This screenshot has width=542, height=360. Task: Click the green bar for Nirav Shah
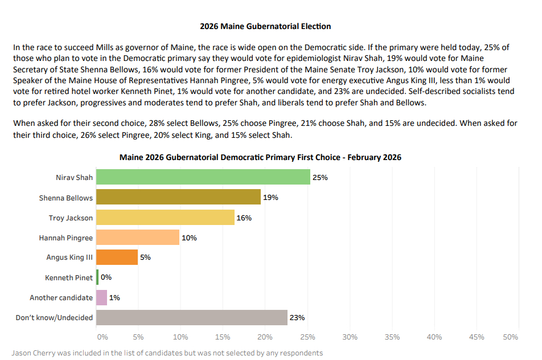[x=203, y=177]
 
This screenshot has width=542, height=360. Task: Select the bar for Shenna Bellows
[x=178, y=197]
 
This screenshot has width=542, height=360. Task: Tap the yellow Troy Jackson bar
[x=165, y=217]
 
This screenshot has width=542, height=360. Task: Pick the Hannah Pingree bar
[x=137, y=237]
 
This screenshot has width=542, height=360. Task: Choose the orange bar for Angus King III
[x=117, y=257]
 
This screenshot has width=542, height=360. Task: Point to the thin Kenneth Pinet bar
[x=97, y=277]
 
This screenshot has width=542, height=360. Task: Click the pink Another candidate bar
[x=101, y=297]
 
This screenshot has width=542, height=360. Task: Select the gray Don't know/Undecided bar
[x=191, y=317]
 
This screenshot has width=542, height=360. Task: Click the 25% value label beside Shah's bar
[x=320, y=178]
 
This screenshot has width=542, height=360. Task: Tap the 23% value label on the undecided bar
[x=297, y=318]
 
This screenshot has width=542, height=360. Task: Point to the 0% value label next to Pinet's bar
[x=106, y=277]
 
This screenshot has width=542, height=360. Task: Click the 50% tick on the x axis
[x=511, y=337]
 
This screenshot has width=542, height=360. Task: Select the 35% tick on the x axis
[x=392, y=337]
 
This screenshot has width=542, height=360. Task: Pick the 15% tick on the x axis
[x=223, y=337]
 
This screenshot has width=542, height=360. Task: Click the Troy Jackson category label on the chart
[x=71, y=218]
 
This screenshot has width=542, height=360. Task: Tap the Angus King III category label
[x=69, y=257]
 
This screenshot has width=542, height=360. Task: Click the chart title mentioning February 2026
[x=260, y=157]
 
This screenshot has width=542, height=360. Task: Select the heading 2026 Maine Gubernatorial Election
[x=265, y=26]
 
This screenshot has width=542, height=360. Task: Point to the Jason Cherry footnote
[x=167, y=353]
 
